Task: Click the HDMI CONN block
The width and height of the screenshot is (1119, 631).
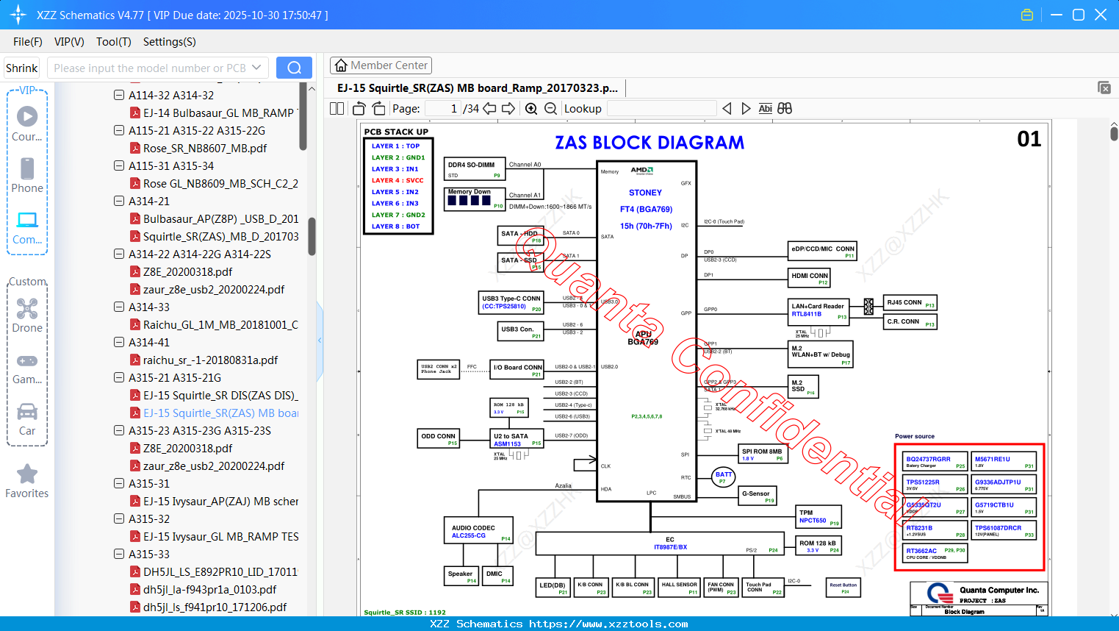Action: point(809,277)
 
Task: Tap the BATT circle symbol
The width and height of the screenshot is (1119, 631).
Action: point(724,477)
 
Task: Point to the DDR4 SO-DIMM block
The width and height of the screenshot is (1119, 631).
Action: point(475,169)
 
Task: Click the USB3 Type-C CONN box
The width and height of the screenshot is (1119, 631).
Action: point(511,302)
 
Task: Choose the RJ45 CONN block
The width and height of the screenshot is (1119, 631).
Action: point(910,303)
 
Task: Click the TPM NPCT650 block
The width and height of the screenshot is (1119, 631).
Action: point(818,516)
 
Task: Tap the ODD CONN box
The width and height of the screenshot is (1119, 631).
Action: point(439,438)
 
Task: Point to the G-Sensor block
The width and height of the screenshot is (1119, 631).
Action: point(757,496)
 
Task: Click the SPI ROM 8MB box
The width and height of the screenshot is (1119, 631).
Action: point(763,454)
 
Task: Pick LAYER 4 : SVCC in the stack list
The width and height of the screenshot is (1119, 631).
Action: point(397,180)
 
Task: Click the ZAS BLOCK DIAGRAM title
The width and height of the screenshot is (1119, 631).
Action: point(649,143)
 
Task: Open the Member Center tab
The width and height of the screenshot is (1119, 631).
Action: point(381,65)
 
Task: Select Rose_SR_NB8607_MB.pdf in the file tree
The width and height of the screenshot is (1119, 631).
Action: point(204,149)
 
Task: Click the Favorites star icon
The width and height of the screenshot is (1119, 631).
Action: point(27,474)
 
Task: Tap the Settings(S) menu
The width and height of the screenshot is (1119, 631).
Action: point(169,42)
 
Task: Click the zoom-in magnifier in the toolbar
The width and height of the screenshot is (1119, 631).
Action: point(531,109)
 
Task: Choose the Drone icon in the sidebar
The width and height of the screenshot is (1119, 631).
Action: point(27,310)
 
